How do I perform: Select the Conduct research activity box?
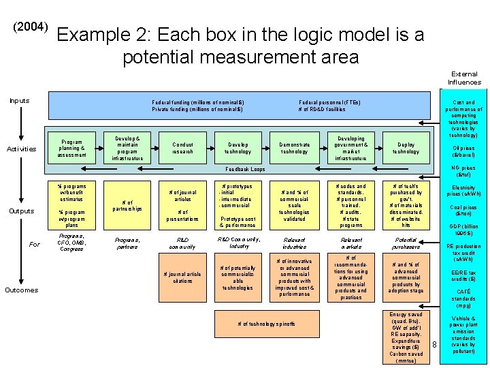click(x=182, y=148)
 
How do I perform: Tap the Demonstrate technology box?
click(x=295, y=148)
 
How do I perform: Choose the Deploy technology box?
click(x=406, y=148)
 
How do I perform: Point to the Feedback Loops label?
click(x=245, y=169)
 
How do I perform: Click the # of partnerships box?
click(x=127, y=204)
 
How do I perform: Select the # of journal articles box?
click(x=182, y=196)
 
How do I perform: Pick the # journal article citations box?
click(x=182, y=277)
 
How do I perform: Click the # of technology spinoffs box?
click(x=266, y=324)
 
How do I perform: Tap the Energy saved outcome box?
click(x=406, y=337)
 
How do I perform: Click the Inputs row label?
click(x=20, y=101)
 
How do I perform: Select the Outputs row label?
click(x=21, y=211)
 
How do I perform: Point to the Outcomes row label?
click(x=21, y=290)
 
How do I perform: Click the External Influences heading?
click(x=463, y=78)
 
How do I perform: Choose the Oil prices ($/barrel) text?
click(x=463, y=151)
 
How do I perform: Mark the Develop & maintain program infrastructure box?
click(x=127, y=148)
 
